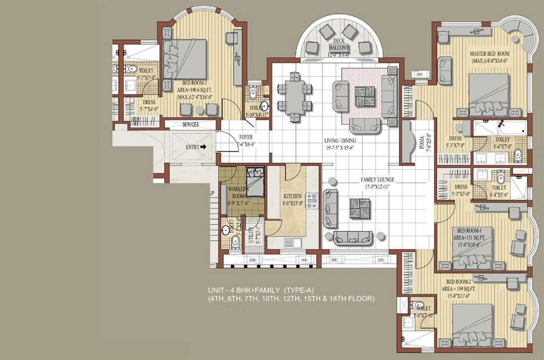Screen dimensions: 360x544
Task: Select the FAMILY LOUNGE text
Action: tap(378, 179)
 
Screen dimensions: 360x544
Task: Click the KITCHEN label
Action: tap(292, 196)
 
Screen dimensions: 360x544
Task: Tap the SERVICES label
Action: tap(191, 125)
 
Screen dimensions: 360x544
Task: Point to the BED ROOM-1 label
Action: tap(469, 230)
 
